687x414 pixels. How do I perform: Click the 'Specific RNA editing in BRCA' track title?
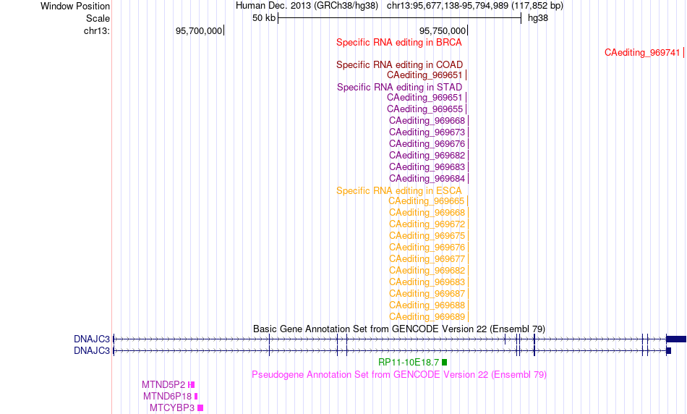click(398, 43)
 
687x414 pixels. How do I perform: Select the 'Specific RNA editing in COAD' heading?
click(399, 65)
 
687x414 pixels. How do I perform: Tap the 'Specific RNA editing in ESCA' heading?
click(398, 191)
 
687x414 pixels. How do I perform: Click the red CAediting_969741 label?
click(642, 53)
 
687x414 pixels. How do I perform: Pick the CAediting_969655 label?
click(424, 109)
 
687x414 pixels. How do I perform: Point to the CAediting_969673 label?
click(427, 132)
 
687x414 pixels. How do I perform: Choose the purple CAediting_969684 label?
click(427, 179)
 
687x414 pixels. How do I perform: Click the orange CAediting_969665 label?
click(426, 201)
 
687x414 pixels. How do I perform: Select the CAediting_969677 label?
click(427, 259)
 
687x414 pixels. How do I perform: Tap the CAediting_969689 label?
click(427, 316)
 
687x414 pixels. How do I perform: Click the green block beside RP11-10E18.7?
click(444, 362)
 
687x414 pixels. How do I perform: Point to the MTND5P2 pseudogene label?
click(163, 384)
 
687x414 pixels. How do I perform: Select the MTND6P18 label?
click(167, 396)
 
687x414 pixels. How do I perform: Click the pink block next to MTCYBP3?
click(200, 408)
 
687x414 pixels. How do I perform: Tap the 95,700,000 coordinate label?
click(199, 30)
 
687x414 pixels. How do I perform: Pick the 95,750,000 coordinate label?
click(443, 30)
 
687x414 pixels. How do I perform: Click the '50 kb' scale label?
click(264, 18)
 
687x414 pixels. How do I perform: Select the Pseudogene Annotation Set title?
click(399, 374)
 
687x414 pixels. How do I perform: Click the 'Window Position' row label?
click(75, 6)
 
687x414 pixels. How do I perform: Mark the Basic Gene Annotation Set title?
click(399, 329)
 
